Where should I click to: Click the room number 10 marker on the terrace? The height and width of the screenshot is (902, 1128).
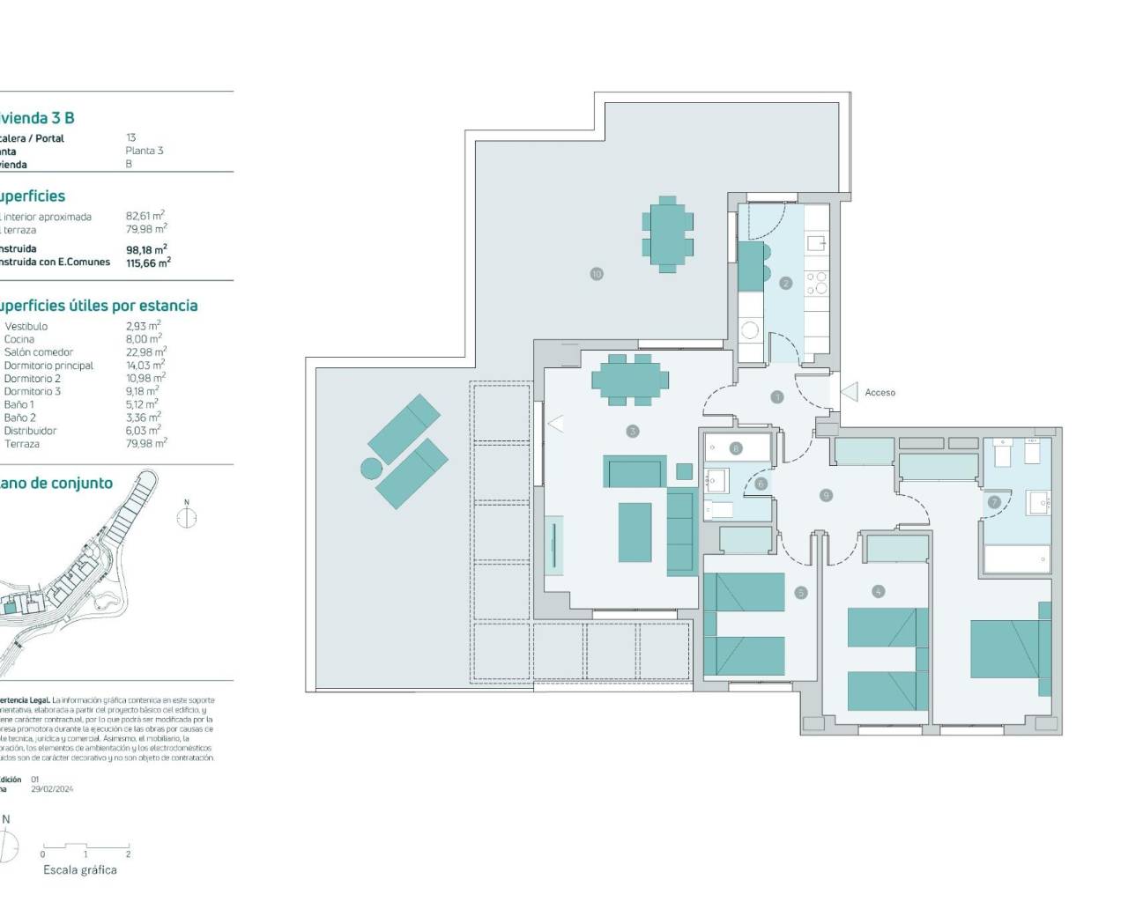click(597, 274)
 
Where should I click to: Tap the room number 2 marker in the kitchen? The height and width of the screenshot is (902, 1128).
click(785, 283)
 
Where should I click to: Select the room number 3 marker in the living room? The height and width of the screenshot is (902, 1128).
click(632, 431)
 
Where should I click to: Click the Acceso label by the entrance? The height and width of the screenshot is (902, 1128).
click(879, 393)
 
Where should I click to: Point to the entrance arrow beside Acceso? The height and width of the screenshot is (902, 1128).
click(850, 392)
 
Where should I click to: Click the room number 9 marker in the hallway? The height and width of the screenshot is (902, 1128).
click(826, 495)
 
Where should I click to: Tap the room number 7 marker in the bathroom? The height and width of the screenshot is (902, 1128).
click(994, 502)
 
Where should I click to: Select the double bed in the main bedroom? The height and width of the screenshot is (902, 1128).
click(1008, 649)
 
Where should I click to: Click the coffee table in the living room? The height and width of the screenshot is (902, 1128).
click(634, 532)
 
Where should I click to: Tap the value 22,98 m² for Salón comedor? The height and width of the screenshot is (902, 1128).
click(145, 352)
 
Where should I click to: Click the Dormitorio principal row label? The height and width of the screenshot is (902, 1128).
click(48, 366)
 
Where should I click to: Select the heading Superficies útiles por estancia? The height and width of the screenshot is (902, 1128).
click(97, 306)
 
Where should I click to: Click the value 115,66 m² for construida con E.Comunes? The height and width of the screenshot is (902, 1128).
click(148, 262)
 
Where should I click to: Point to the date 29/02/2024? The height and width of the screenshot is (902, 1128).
click(52, 789)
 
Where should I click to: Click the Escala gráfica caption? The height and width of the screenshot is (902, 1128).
click(80, 870)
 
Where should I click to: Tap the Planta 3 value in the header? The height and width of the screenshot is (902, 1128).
click(145, 151)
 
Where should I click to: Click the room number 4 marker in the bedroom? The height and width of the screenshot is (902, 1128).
click(878, 592)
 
